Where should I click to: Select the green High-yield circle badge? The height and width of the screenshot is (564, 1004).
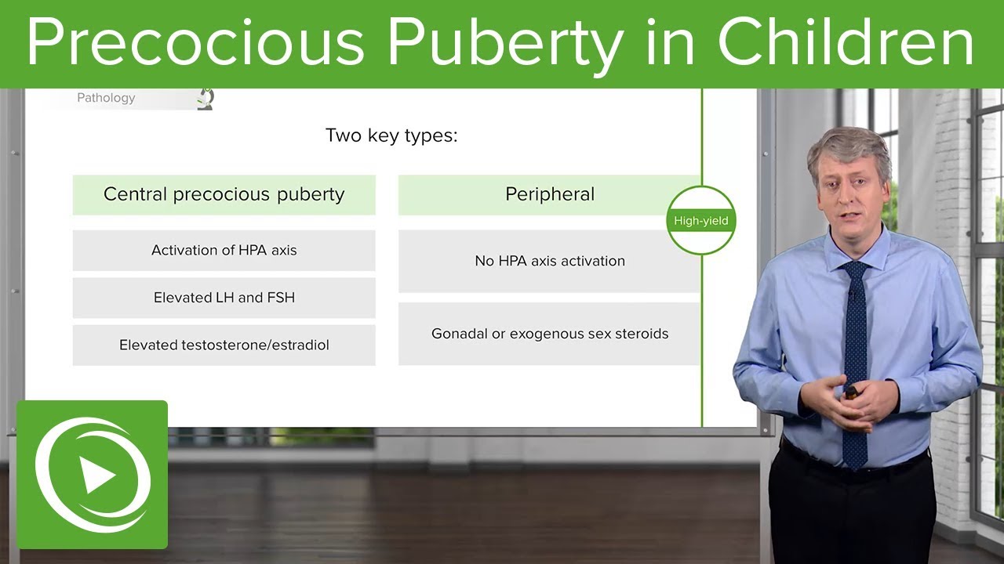pos(700,220)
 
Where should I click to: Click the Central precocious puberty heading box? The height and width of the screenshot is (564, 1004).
pos(224,194)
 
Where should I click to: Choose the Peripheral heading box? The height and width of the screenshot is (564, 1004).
pos(549,194)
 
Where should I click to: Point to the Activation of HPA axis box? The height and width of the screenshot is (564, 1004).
pos(224,251)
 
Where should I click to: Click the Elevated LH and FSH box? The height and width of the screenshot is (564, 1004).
pos(224,298)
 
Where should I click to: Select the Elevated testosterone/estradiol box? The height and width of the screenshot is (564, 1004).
pos(224,345)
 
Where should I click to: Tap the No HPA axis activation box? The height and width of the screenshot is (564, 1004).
pos(549,261)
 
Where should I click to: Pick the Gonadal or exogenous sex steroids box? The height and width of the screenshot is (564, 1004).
pos(549,334)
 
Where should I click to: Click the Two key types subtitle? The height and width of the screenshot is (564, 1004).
pos(391,136)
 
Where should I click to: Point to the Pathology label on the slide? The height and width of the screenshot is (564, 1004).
pos(106,98)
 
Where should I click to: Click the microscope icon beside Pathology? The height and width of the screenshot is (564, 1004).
pos(206,99)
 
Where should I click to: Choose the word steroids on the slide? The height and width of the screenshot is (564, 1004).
pos(641,334)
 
